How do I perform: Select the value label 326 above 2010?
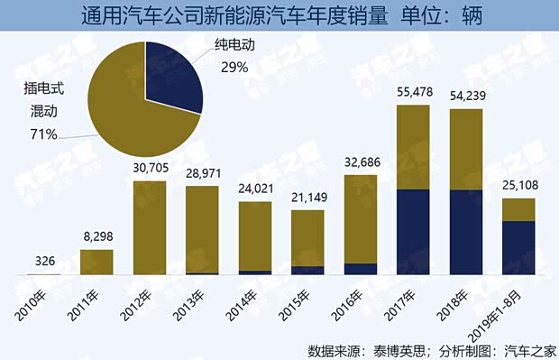pyautogui.click(x=43, y=261)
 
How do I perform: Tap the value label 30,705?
pyautogui.click(x=148, y=168)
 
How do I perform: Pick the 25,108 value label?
pyautogui.click(x=518, y=186)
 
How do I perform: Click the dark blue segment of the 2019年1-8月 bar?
pyautogui.click(x=518, y=247)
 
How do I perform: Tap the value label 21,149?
pyautogui.click(x=307, y=198)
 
